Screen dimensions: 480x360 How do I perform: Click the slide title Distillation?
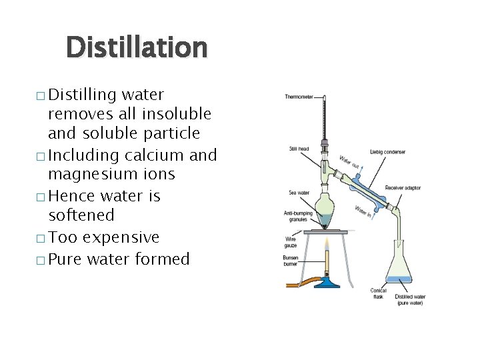[x=137, y=47]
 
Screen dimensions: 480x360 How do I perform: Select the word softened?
[x=81, y=215]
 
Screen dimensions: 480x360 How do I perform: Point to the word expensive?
[x=122, y=237]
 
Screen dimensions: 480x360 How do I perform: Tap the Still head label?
[x=298, y=147]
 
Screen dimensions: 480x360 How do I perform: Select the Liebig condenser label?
[x=387, y=152]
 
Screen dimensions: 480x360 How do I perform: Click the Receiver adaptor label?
[x=403, y=188]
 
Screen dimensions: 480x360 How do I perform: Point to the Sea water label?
[x=299, y=193]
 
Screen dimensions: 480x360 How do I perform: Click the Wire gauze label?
[x=291, y=242]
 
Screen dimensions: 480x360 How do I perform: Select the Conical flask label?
[x=378, y=294]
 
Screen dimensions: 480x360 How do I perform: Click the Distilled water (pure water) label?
[x=409, y=300]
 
